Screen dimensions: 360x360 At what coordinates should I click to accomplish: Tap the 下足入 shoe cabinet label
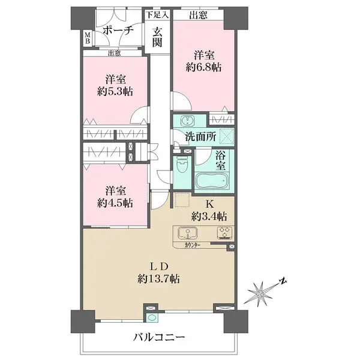point(157,15)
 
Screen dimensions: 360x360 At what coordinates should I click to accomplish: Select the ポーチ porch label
point(118,31)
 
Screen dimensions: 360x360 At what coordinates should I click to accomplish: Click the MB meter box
point(88,38)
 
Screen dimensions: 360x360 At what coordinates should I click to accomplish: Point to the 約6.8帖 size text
point(203,67)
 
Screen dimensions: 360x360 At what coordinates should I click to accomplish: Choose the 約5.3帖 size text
point(115,92)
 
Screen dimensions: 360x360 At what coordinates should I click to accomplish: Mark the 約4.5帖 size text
point(115,203)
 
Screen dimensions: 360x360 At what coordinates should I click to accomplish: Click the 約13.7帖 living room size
point(158,279)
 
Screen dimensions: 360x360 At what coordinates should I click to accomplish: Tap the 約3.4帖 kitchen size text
point(209,216)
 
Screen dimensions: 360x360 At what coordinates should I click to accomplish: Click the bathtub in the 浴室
point(211,181)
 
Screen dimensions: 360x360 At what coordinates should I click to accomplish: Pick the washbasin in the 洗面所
point(187,121)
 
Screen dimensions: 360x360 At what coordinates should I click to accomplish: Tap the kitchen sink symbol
point(188,233)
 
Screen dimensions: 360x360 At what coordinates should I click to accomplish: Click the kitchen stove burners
point(225,233)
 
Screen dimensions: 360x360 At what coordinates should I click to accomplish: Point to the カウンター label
point(193,245)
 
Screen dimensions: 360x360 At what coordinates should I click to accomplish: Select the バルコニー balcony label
point(159,337)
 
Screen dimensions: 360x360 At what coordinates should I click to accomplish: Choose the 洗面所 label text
point(200,137)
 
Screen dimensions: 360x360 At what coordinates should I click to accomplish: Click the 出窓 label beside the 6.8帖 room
point(199,15)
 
